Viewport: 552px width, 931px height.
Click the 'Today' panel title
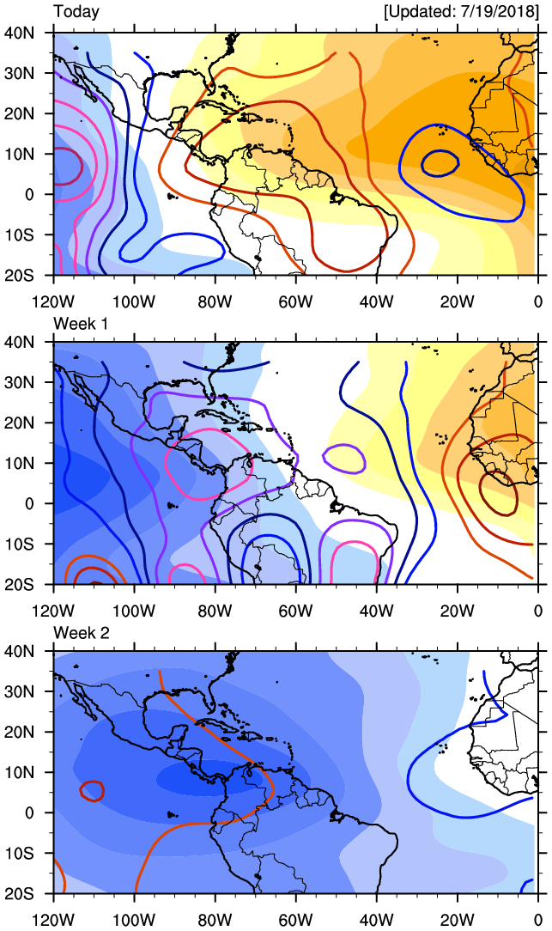(76, 12)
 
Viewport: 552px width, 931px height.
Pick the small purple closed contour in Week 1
(345, 458)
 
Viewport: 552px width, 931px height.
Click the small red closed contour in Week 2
(92, 790)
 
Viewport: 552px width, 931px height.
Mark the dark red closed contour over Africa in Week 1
(499, 492)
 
